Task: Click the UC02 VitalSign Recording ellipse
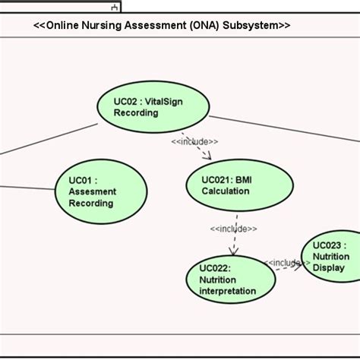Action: tap(153, 107)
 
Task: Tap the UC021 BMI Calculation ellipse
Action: tap(240, 185)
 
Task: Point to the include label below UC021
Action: tap(233, 229)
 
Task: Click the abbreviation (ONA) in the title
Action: tap(201, 25)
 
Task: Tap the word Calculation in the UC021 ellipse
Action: tap(226, 191)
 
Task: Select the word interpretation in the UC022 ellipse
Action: tap(228, 291)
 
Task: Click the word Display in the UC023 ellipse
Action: tap(329, 267)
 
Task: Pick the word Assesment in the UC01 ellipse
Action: tap(93, 192)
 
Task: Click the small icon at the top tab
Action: tap(114, 7)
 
